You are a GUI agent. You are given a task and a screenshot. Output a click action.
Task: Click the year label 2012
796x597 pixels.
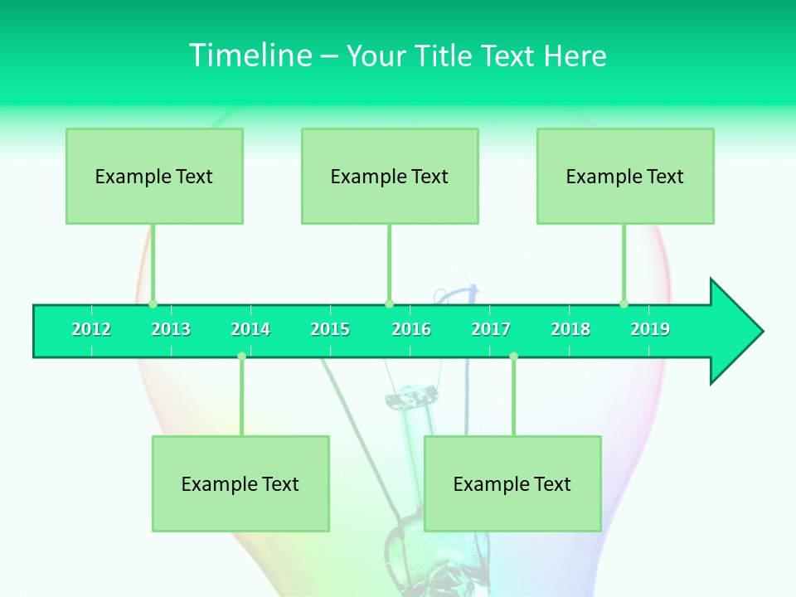[91, 330]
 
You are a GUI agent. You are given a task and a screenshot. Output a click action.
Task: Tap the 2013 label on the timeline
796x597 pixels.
[171, 330]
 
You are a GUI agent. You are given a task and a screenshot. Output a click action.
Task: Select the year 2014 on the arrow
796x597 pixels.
[250, 330]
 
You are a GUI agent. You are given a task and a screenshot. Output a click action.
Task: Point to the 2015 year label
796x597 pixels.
[330, 330]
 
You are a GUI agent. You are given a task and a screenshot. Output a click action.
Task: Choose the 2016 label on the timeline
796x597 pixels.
[411, 330]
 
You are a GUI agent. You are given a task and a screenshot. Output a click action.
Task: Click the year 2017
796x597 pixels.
[491, 330]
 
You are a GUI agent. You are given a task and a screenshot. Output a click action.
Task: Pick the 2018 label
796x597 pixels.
[570, 330]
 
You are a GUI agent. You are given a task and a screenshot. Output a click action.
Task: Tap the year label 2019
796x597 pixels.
[650, 330]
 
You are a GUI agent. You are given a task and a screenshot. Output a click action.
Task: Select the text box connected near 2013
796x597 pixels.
[154, 177]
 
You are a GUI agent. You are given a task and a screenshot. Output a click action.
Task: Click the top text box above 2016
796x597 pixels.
[390, 177]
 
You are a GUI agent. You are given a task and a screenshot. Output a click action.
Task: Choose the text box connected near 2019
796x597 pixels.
[625, 177]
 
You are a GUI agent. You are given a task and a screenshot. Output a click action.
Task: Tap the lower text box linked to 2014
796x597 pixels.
[240, 484]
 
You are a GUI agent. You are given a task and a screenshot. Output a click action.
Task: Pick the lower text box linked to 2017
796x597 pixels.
[512, 484]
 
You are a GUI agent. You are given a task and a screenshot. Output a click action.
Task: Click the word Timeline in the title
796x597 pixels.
[249, 56]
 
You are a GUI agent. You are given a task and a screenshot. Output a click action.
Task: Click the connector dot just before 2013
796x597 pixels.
[153, 303]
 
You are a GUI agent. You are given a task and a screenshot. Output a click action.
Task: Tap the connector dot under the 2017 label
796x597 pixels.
[513, 357]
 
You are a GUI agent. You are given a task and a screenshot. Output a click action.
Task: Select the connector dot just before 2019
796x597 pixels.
[624, 303]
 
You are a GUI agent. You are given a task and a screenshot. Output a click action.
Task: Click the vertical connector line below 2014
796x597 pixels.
[241, 398]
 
